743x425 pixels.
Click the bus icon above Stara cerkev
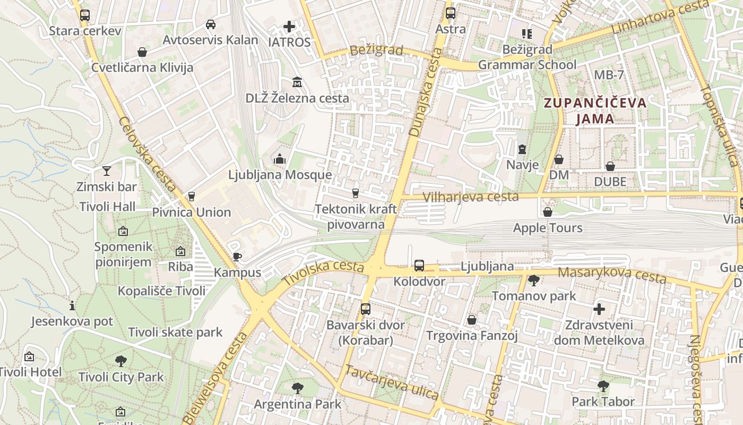[x=84, y=15]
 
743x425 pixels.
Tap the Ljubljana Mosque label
[x=280, y=175]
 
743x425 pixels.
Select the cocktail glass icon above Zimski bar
[x=107, y=171]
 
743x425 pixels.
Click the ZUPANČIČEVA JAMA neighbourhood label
[x=596, y=110]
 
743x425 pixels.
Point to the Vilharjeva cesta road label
[x=471, y=197]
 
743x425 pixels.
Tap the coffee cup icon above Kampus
[x=237, y=257]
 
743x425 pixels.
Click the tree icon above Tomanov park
[x=533, y=280]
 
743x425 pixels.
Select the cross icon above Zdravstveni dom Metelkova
[x=599, y=309]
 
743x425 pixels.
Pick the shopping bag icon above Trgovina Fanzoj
[x=472, y=320]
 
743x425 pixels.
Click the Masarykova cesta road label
[x=613, y=275]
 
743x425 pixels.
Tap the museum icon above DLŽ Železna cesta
[x=297, y=82]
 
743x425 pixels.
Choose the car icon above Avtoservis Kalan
[x=211, y=24]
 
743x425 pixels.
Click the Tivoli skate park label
[x=175, y=333]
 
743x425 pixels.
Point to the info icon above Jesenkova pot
[x=72, y=305]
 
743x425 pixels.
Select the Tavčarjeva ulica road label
[x=392, y=382]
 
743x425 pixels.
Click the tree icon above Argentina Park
[x=297, y=388]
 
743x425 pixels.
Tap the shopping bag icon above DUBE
[x=610, y=166]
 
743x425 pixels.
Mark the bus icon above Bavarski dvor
[x=366, y=309]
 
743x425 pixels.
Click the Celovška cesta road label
[x=147, y=154]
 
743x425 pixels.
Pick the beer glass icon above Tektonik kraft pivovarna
[x=356, y=193]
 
